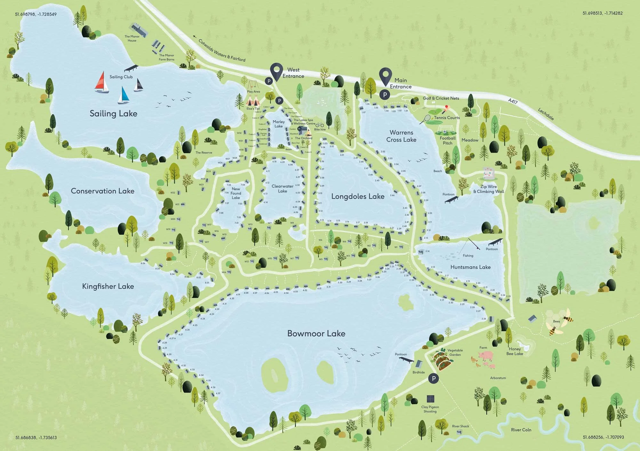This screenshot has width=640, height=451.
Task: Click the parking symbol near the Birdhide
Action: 434,379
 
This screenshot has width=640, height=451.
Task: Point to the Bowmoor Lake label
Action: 316,334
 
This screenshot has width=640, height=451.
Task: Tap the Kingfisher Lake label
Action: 108,286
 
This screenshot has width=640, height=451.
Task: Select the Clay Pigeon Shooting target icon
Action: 431,399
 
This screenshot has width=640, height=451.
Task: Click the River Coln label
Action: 521,430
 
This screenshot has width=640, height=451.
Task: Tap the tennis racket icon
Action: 425,120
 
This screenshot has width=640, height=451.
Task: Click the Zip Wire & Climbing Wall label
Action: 488,189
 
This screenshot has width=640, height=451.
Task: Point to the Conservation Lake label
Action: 102,191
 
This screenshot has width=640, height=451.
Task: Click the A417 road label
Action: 513,101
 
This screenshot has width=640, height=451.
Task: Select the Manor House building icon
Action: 139,29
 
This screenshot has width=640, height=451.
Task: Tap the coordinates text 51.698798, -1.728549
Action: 36,14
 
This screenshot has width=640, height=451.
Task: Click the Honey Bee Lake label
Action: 515,351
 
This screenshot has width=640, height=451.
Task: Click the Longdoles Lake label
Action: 358,196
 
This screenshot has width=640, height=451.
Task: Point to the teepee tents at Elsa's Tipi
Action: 253,101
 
